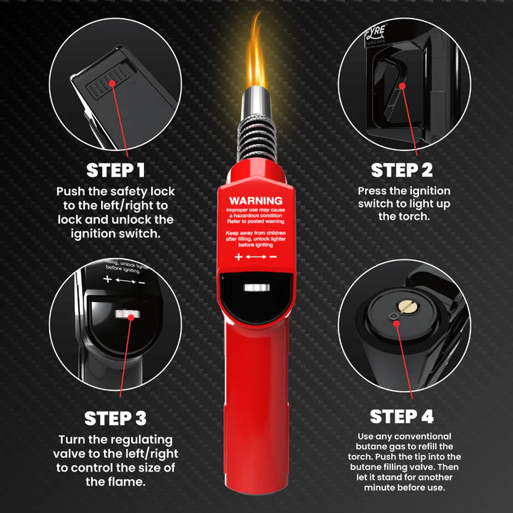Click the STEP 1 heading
tap(115, 170)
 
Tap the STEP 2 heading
tap(402, 170)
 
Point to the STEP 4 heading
tap(402, 415)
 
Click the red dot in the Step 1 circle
tap(113, 83)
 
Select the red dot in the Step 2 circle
tap(402, 85)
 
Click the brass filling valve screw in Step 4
tap(408, 306)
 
